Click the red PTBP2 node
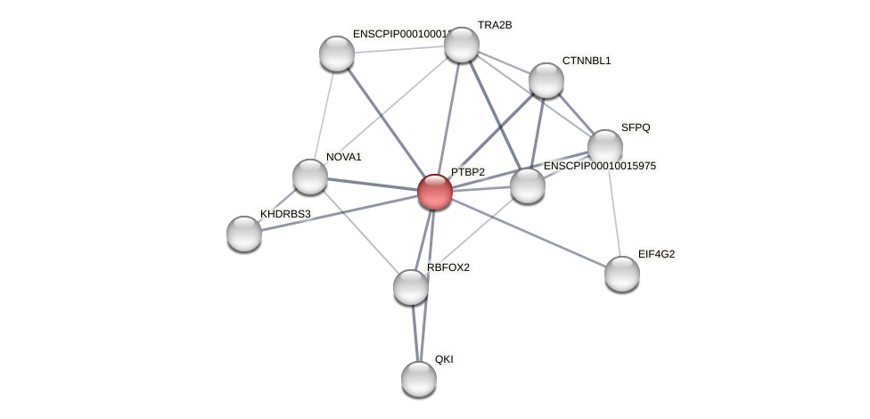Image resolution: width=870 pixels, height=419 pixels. (435, 192)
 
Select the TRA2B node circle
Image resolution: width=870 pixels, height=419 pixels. (462, 45)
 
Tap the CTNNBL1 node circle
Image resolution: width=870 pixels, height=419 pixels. (546, 80)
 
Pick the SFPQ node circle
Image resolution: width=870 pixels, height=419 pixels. (605, 147)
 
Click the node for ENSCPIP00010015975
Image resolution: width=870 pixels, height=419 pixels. (528, 185)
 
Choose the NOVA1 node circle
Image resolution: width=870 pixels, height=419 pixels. (310, 177)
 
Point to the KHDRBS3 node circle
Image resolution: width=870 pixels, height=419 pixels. (244, 234)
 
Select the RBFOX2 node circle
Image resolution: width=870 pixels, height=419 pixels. (411, 287)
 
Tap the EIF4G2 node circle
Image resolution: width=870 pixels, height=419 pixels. (622, 274)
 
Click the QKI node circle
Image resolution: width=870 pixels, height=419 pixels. (419, 379)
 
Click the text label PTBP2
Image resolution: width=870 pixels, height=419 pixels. (468, 172)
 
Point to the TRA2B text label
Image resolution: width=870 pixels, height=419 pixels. (495, 25)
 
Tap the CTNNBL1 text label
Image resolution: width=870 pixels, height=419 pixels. (587, 61)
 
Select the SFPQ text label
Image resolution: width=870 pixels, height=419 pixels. (636, 127)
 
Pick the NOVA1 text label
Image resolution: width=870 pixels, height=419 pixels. (344, 157)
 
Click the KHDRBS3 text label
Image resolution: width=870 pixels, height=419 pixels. (285, 214)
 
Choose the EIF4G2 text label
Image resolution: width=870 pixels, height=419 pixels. (656, 254)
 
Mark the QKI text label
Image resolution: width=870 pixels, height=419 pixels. (444, 359)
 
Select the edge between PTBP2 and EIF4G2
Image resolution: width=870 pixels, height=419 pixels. (529, 233)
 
